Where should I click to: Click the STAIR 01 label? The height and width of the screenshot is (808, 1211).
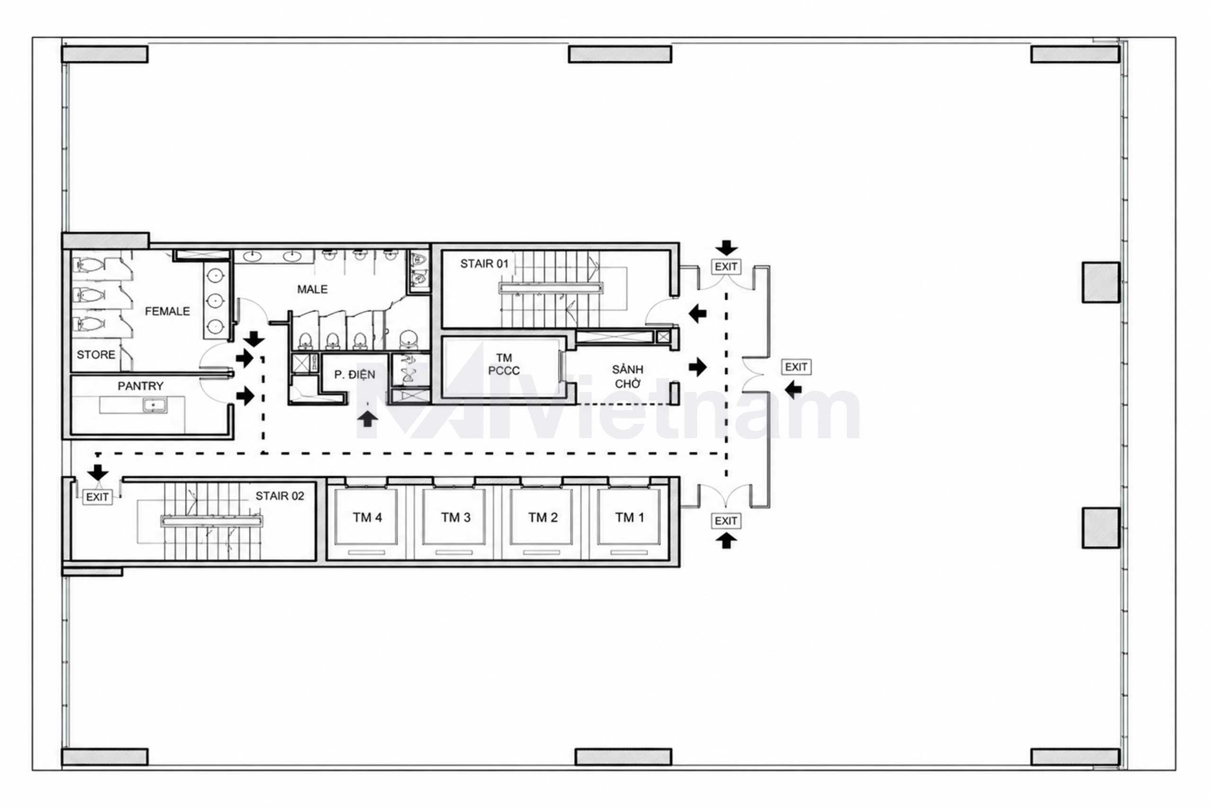click(484, 264)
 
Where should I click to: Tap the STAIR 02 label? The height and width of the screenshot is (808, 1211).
click(280, 496)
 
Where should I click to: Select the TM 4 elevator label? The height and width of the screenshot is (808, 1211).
click(368, 518)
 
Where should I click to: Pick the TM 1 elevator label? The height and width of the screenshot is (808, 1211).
click(630, 518)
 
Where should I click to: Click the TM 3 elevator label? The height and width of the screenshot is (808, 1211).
click(456, 518)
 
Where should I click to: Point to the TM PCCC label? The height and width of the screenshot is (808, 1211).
click(504, 364)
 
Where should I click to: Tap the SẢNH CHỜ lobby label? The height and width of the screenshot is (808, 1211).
click(628, 376)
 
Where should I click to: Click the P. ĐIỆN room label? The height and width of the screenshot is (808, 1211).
click(354, 375)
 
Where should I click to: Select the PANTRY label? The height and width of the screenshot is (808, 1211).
click(140, 386)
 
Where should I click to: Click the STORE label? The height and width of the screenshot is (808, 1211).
click(96, 354)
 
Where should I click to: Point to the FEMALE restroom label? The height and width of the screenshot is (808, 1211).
click(167, 311)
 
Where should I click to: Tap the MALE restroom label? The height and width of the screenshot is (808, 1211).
click(312, 289)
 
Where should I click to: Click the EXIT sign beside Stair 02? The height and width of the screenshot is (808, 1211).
click(97, 497)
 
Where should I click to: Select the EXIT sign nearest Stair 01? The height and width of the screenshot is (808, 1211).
click(726, 266)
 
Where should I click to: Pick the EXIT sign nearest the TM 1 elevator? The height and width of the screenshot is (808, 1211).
click(726, 521)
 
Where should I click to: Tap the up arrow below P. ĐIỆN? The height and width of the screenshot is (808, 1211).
click(367, 418)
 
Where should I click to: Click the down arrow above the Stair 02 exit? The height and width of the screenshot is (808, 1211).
click(98, 472)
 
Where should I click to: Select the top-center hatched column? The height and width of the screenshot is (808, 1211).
click(620, 54)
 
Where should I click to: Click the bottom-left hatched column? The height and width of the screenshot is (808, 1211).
click(105, 757)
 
